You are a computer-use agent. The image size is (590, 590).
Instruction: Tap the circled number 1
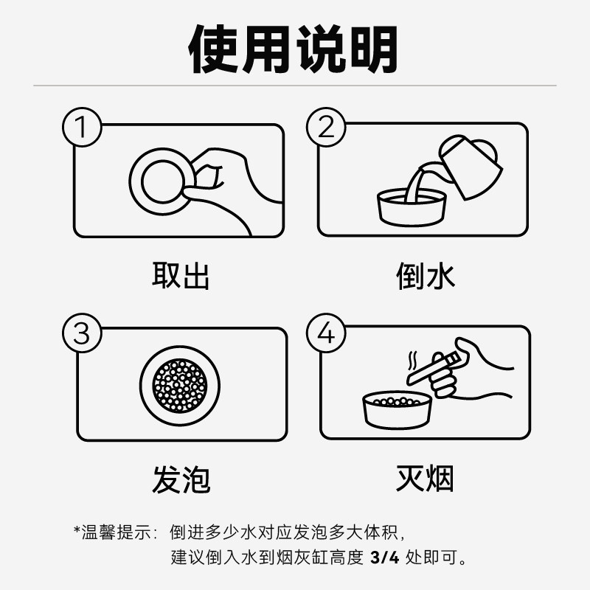tap(83, 127)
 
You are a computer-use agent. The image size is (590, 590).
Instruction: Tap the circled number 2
tap(325, 127)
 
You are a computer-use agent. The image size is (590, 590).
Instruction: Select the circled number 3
tap(83, 333)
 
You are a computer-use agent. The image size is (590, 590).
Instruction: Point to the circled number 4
tap(325, 333)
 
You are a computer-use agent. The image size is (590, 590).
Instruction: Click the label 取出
tap(181, 275)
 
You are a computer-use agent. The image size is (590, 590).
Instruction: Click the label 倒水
tap(425, 275)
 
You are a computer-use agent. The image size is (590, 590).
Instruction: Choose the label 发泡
tap(181, 479)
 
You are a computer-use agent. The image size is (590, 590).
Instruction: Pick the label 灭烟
tap(425, 479)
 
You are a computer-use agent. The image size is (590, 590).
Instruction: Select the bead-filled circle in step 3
tap(180, 384)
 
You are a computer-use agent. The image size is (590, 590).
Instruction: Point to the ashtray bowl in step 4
tap(397, 411)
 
